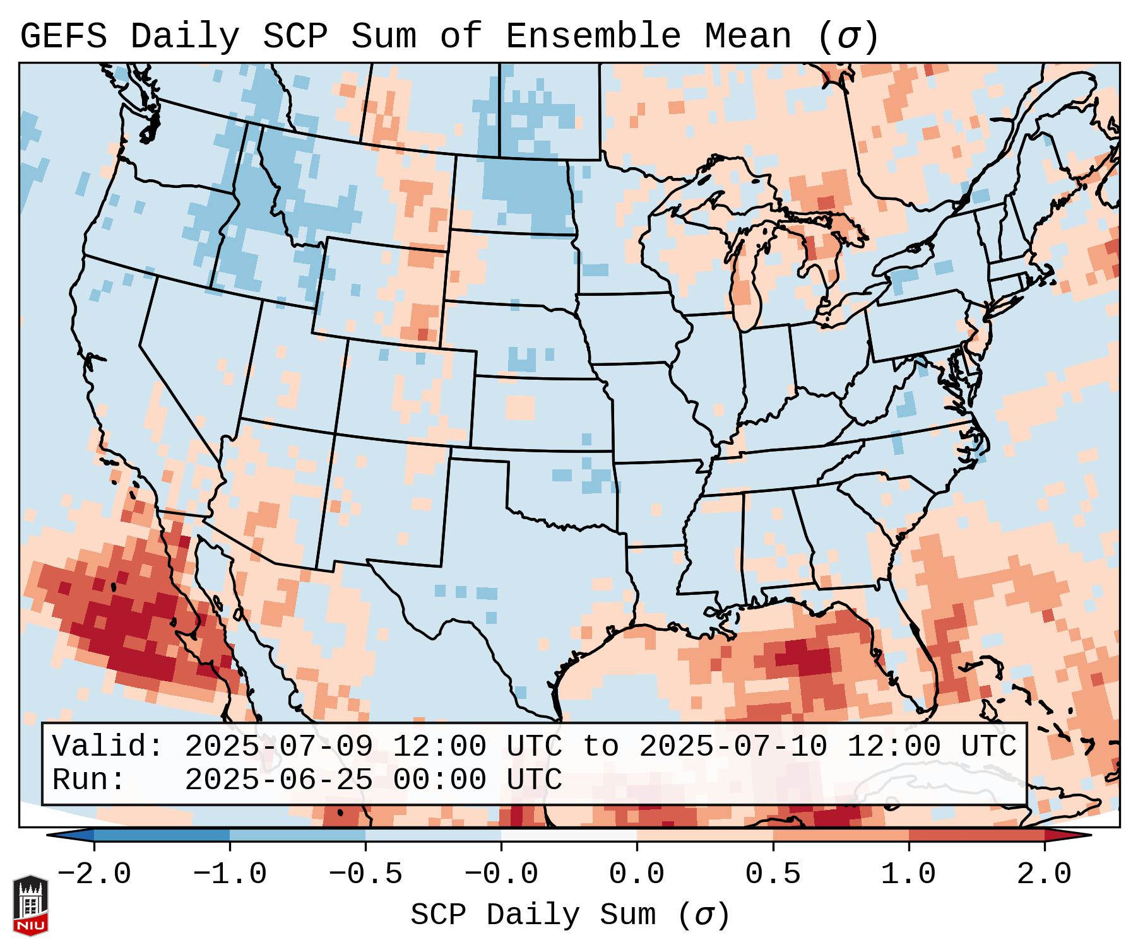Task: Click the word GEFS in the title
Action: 63,37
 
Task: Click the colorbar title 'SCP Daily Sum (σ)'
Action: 570,915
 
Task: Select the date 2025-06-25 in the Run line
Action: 278,780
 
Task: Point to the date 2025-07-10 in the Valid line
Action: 733,747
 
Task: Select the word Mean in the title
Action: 747,37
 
